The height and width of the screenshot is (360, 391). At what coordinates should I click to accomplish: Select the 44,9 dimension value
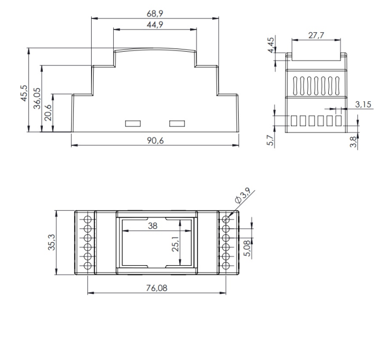(155, 25)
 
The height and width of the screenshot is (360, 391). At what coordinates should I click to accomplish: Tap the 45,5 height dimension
(24, 92)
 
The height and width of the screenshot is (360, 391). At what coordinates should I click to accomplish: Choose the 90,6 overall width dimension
(155, 140)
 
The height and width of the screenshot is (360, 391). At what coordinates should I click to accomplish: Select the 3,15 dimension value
(363, 104)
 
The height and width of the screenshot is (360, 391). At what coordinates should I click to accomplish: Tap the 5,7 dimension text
(270, 141)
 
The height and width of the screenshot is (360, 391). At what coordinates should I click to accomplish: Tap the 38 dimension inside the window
(152, 225)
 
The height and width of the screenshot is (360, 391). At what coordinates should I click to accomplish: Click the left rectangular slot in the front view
(133, 124)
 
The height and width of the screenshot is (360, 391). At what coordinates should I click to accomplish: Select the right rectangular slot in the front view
(177, 124)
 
